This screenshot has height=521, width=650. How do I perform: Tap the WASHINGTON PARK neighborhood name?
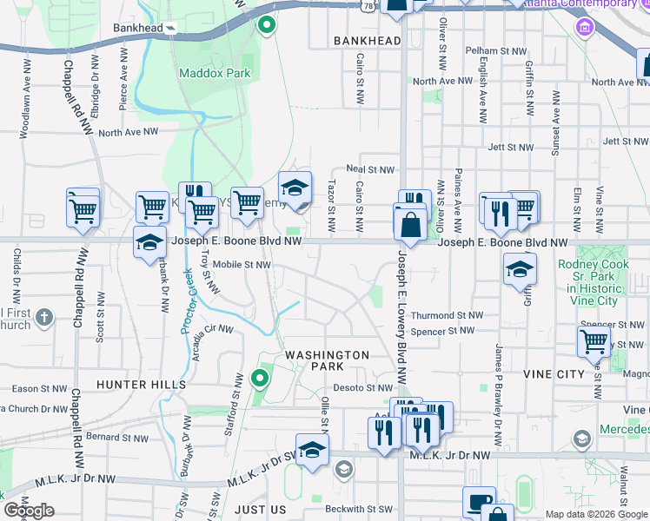point(328,360)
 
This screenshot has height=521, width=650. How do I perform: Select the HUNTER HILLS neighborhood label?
point(142,384)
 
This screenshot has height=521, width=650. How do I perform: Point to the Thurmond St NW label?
point(446,316)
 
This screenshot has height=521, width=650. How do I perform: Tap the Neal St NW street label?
point(370,170)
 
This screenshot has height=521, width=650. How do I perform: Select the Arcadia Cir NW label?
point(206,330)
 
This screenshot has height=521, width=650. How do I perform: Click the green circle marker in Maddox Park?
point(267,23)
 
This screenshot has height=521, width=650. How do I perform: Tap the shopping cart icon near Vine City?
point(593,341)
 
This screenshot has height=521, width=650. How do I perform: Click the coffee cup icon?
point(479,503)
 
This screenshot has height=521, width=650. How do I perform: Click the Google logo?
point(29,511)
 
